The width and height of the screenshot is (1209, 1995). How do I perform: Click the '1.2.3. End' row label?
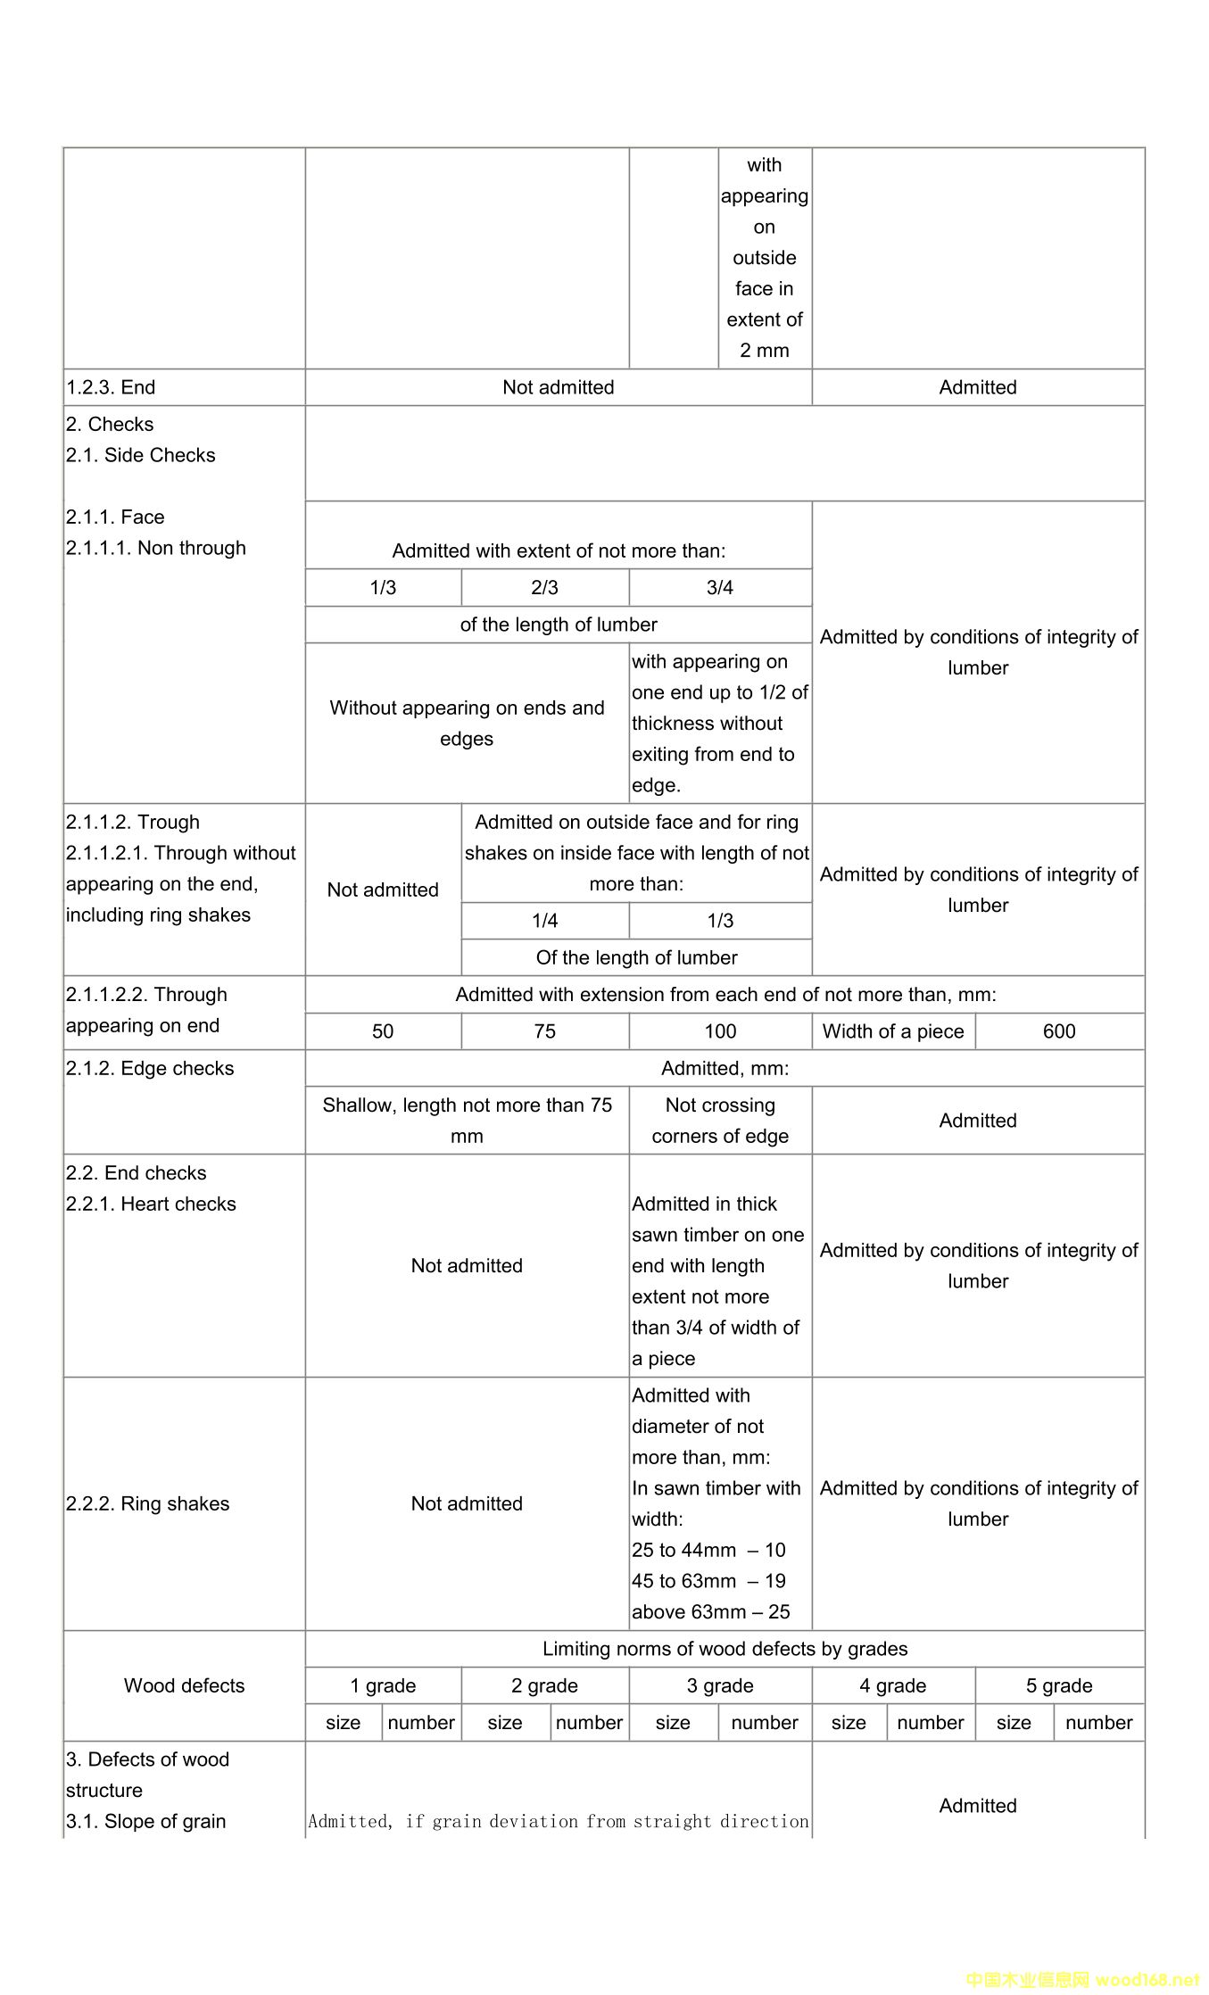click(x=111, y=387)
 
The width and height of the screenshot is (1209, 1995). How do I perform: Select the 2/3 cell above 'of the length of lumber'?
click(x=544, y=587)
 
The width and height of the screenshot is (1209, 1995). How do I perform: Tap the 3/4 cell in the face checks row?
click(x=719, y=587)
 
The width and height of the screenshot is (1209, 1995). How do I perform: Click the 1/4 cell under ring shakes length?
click(x=544, y=921)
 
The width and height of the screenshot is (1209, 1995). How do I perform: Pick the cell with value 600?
click(x=1059, y=1031)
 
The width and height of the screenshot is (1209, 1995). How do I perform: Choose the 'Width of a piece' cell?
click(x=893, y=1031)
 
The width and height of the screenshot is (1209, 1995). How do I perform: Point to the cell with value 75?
click(x=544, y=1031)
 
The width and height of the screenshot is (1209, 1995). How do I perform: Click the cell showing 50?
click(x=383, y=1031)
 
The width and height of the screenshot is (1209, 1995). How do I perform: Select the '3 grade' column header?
click(x=720, y=1685)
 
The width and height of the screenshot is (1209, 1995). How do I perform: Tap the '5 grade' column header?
click(x=1059, y=1685)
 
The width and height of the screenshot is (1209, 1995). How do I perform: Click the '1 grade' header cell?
click(x=383, y=1685)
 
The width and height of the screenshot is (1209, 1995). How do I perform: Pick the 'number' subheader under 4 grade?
click(x=930, y=1722)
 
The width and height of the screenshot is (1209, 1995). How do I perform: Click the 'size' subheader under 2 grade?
click(x=505, y=1722)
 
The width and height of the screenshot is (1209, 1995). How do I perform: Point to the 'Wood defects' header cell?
click(x=184, y=1685)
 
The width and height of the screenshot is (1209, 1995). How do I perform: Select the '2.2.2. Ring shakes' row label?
click(x=147, y=1503)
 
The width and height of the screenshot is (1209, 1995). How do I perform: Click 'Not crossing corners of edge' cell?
click(x=720, y=1121)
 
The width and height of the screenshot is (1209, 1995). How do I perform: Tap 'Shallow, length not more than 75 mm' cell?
click(x=467, y=1121)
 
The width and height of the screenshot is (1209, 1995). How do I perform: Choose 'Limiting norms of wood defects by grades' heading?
click(x=725, y=1649)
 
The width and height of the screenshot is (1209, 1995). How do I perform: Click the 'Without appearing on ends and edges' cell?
click(x=467, y=723)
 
